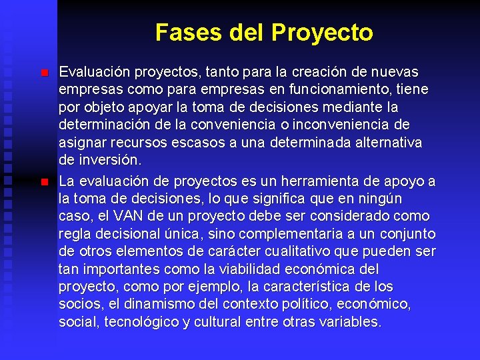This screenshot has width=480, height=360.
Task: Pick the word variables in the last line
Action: pyautogui.click(x=351, y=323)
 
